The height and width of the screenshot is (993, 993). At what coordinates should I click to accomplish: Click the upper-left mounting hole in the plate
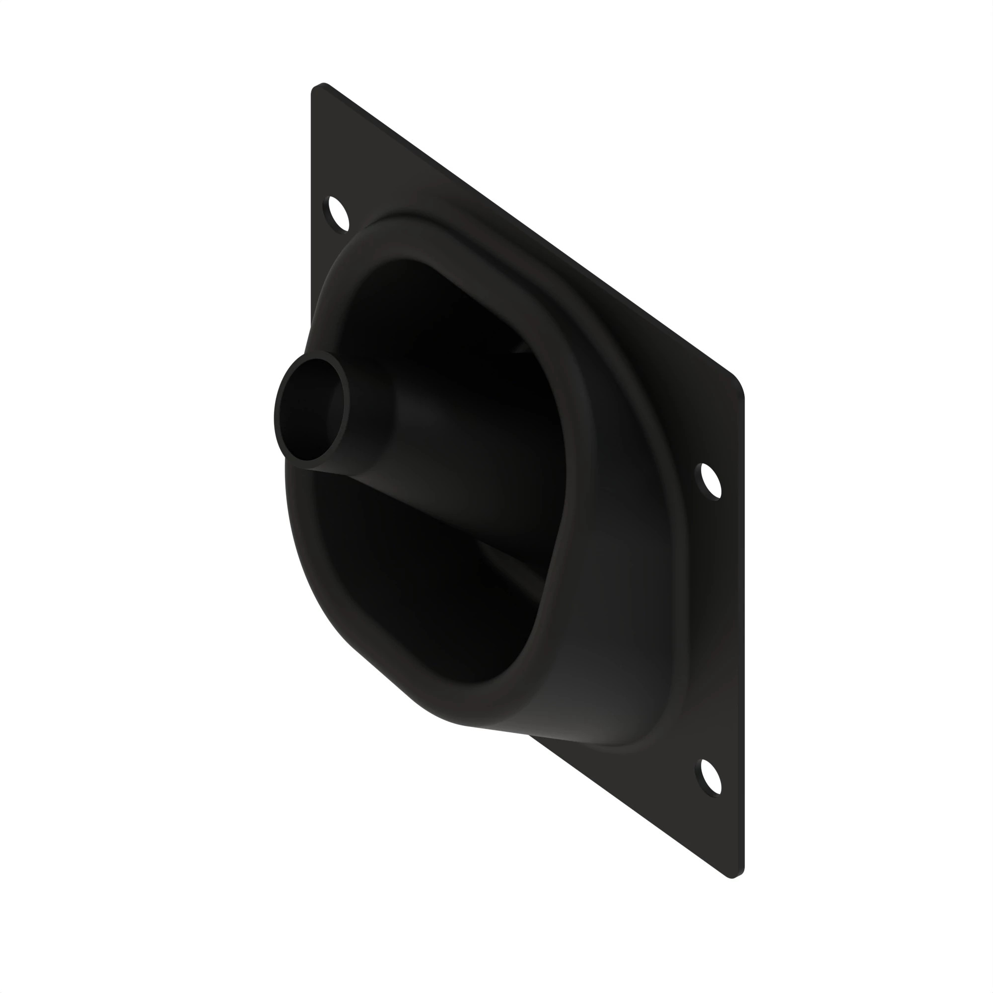point(335,213)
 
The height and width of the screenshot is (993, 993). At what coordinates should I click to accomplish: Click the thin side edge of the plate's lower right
point(743,668)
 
